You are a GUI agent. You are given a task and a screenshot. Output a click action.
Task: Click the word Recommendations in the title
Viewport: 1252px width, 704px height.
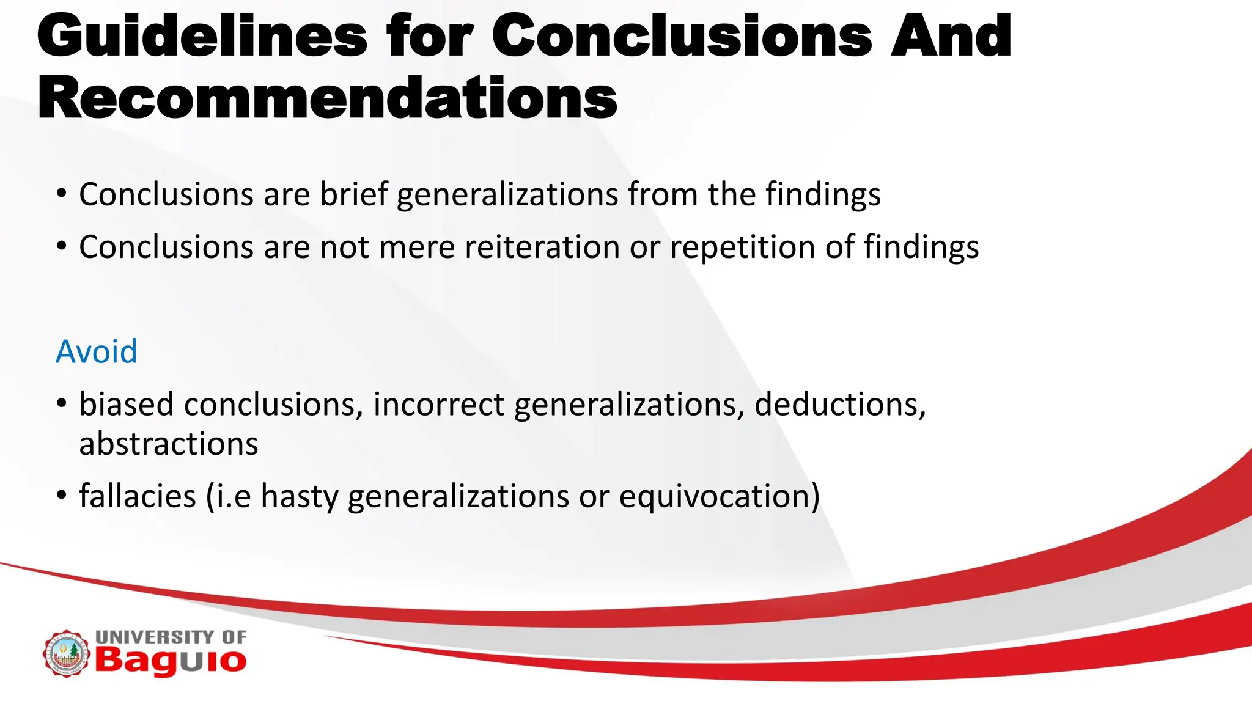click(327, 99)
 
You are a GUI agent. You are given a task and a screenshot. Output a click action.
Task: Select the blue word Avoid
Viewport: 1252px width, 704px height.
click(97, 352)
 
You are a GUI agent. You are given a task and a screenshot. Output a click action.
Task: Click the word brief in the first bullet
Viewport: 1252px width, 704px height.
click(353, 194)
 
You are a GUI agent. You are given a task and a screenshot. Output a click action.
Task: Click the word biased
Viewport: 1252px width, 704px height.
click(127, 405)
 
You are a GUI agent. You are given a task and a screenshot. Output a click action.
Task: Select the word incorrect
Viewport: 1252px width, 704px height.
click(439, 405)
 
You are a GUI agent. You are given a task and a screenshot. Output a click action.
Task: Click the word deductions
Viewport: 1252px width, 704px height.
click(840, 405)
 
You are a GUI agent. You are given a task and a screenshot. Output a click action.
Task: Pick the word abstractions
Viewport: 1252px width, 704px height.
click(169, 444)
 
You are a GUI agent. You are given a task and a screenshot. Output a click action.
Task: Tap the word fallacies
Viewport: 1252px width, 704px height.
click(138, 496)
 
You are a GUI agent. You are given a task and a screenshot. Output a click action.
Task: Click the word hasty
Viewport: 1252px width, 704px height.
click(299, 496)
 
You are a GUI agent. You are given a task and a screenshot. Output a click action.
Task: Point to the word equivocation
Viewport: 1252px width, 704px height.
click(719, 496)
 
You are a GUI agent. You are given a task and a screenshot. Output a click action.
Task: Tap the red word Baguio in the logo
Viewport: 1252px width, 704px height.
click(171, 661)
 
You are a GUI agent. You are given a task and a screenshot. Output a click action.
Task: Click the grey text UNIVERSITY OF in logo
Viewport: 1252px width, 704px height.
click(171, 637)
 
